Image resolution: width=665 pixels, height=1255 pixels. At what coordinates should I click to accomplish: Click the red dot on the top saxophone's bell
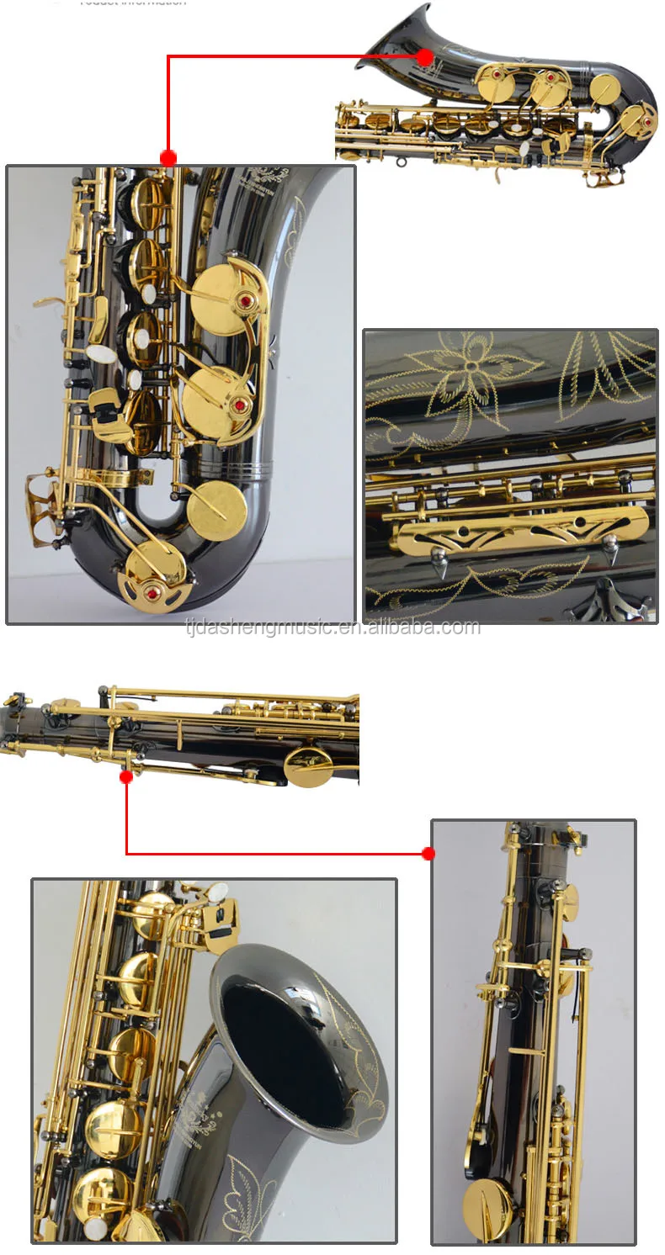click(x=424, y=57)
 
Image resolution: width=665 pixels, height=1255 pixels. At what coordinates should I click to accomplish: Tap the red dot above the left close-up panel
click(x=168, y=157)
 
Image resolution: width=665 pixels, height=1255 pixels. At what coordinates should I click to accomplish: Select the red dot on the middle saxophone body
click(x=126, y=776)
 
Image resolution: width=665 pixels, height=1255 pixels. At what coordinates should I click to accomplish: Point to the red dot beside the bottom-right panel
click(x=428, y=854)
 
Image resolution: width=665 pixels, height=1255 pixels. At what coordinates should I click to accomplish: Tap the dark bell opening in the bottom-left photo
click(x=282, y=1047)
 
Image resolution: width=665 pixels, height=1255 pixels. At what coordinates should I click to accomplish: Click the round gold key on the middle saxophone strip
click(x=308, y=765)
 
